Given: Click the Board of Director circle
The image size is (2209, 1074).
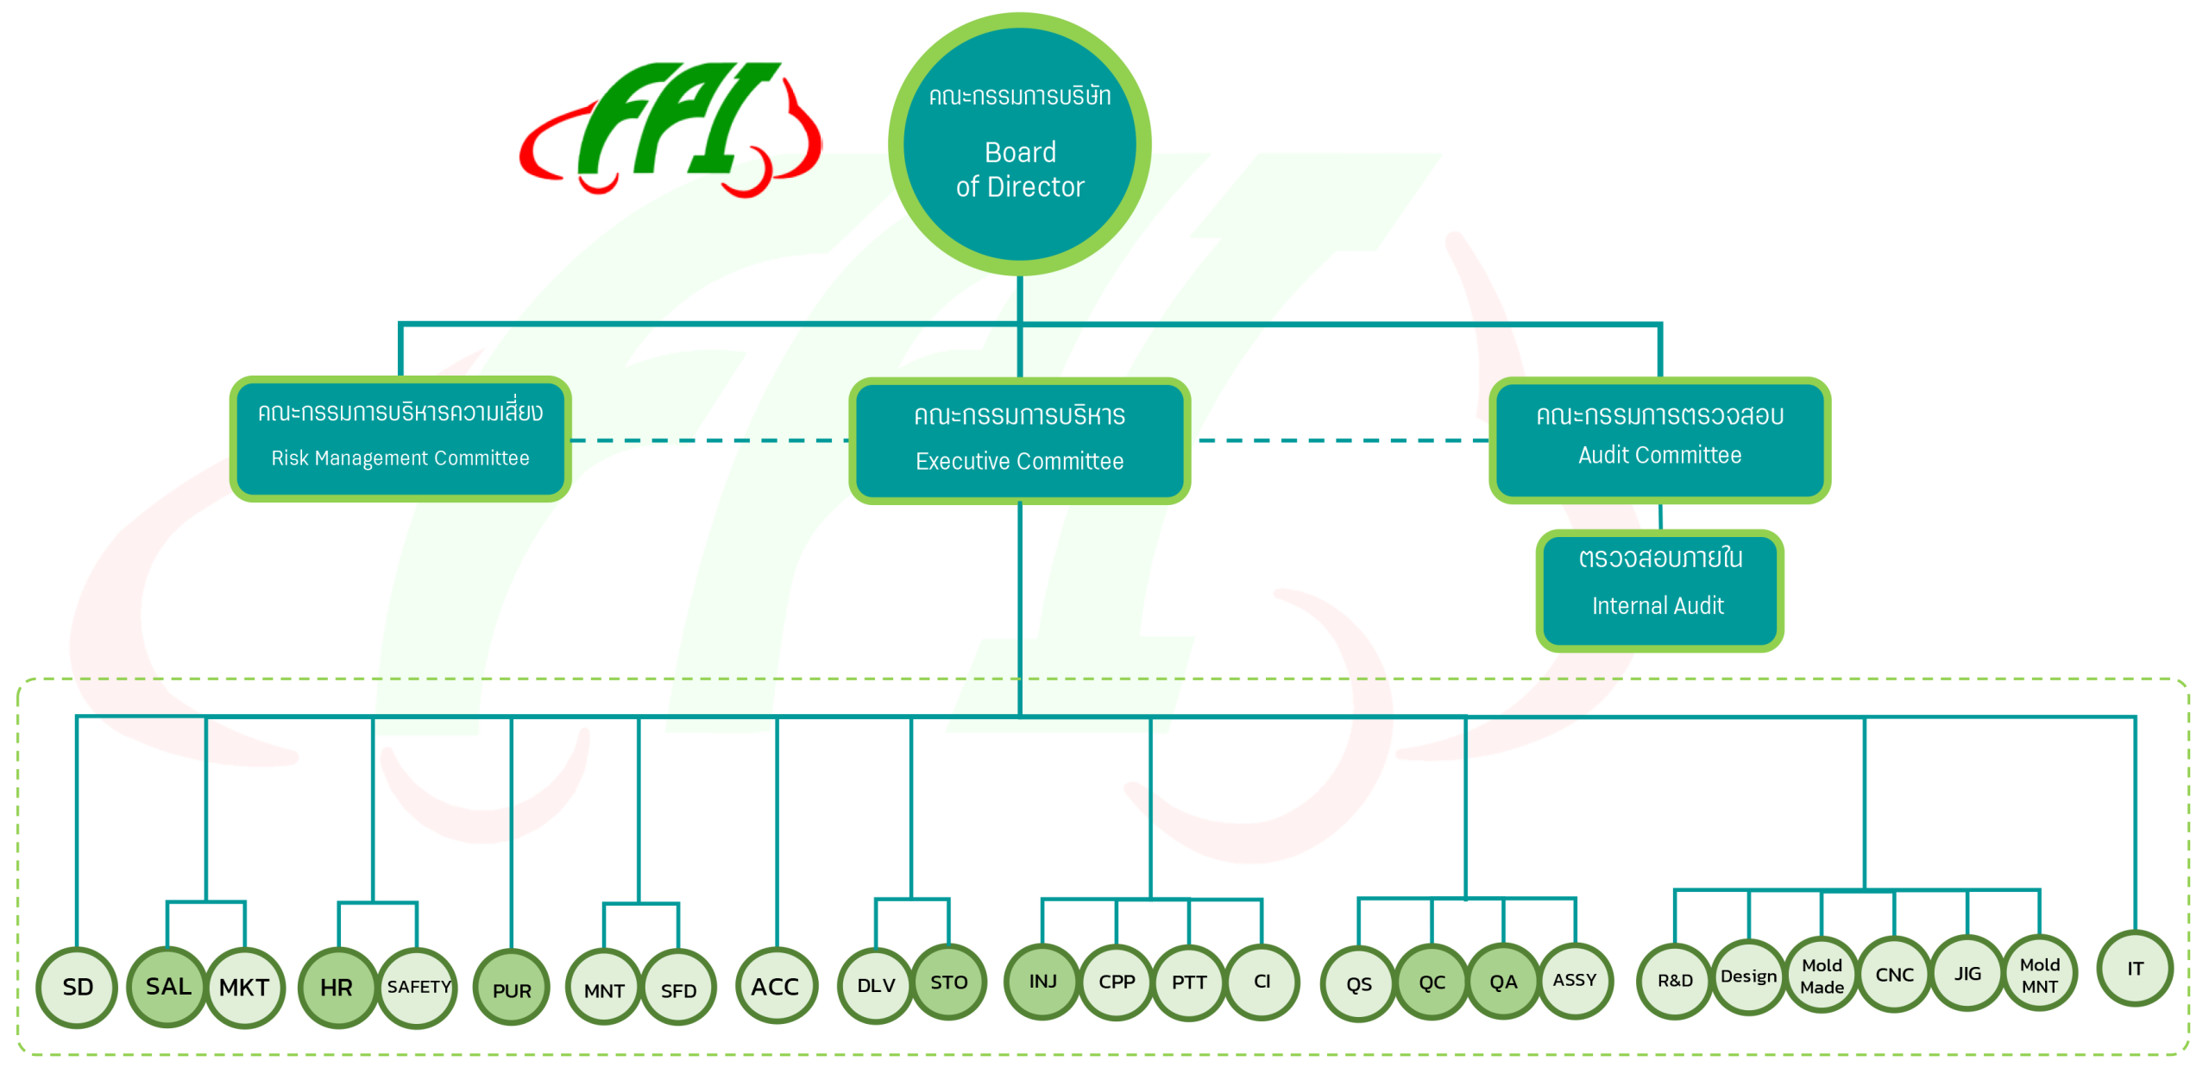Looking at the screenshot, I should (1019, 144).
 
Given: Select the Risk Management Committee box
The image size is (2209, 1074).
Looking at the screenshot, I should (400, 439).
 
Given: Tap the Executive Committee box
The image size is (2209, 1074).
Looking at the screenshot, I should (1019, 440).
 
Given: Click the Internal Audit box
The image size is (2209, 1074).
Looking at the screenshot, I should (1658, 591).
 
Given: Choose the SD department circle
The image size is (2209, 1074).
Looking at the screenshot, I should (77, 987).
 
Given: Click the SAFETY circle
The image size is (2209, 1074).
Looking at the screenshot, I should (419, 987).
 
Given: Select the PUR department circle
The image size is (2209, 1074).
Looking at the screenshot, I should (512, 989).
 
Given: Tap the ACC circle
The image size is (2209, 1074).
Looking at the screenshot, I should (776, 986).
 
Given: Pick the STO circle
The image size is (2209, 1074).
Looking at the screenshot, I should (949, 982).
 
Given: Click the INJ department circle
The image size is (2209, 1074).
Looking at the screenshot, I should (1042, 981).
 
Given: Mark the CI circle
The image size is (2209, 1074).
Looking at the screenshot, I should (1262, 981).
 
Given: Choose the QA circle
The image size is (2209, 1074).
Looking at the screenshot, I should (1503, 982).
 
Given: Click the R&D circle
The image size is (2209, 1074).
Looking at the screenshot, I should (1675, 981).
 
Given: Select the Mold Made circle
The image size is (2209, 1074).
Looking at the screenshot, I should (1822, 976).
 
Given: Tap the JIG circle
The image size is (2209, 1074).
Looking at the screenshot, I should (1967, 973).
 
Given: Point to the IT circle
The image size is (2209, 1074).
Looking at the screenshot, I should (2135, 968).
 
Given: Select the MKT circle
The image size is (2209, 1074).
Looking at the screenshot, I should (244, 987).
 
